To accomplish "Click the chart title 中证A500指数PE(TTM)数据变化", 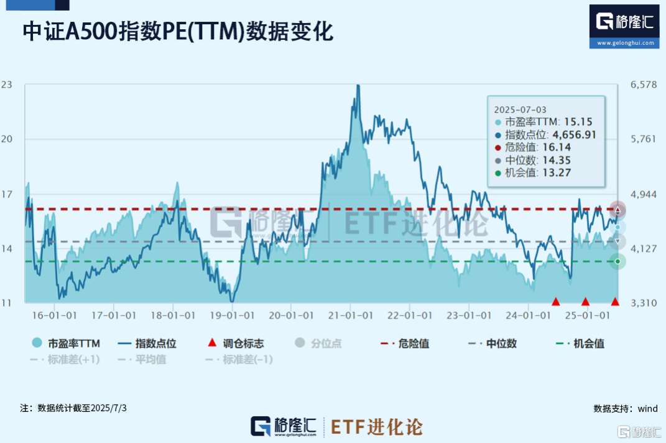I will (178, 32).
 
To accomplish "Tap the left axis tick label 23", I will (7, 85).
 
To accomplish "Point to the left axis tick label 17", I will (7, 194).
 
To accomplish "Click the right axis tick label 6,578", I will (644, 85).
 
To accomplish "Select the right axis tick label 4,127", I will (644, 249).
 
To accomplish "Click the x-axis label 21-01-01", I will (350, 315).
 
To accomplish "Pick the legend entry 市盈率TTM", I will (65, 343).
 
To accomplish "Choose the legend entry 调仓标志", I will (236, 343).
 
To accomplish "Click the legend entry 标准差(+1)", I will (65, 360).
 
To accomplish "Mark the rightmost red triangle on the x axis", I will (615, 302).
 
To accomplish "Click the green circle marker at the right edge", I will (617, 261).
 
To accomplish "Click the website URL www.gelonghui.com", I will (624, 44).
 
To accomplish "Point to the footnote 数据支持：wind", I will (625, 409).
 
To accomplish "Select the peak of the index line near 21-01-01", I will (358, 86).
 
